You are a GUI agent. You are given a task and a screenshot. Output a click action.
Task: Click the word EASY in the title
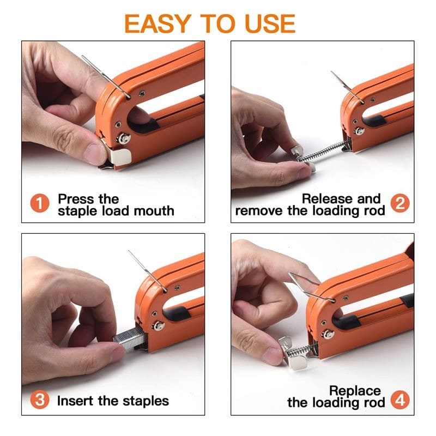click(x=158, y=24)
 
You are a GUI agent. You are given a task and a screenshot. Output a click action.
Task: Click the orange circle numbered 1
click(x=40, y=203)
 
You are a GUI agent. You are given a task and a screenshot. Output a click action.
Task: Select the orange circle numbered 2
click(x=400, y=203)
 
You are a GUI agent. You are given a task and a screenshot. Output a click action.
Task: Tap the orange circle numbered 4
click(x=400, y=400)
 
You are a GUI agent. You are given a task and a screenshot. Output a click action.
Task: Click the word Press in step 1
click(x=76, y=199)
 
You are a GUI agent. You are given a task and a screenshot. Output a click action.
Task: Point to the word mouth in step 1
click(x=154, y=211)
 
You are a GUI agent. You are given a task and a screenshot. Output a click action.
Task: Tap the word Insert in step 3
click(x=75, y=401)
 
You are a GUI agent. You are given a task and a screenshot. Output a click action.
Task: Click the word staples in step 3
click(x=146, y=402)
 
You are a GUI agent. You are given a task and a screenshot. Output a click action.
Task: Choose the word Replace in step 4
click(x=355, y=391)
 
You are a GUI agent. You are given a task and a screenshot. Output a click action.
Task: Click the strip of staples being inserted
click(x=130, y=338)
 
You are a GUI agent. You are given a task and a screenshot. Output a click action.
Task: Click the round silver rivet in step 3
click(x=158, y=325)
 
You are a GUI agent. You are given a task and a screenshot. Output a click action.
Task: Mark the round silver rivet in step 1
click(x=123, y=138)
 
